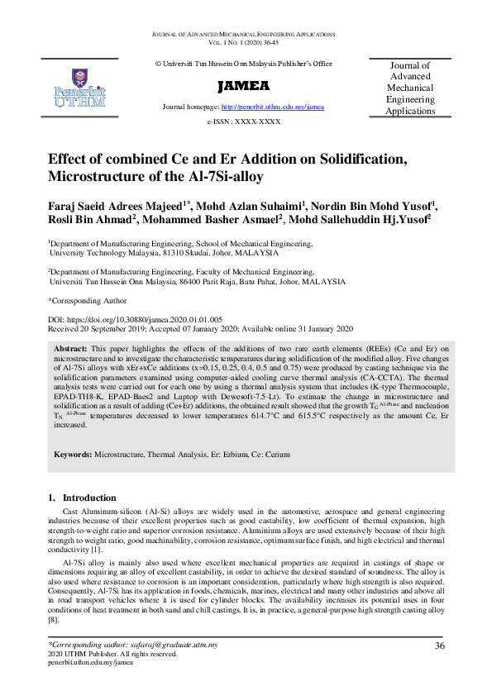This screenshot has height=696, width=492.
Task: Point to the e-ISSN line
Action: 243,122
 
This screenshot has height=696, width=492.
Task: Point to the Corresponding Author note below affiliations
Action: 88,301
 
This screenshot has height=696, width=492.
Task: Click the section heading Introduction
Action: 90,498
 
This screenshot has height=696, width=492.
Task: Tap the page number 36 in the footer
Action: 440,646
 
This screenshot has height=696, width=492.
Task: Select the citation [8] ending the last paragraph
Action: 55,619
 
